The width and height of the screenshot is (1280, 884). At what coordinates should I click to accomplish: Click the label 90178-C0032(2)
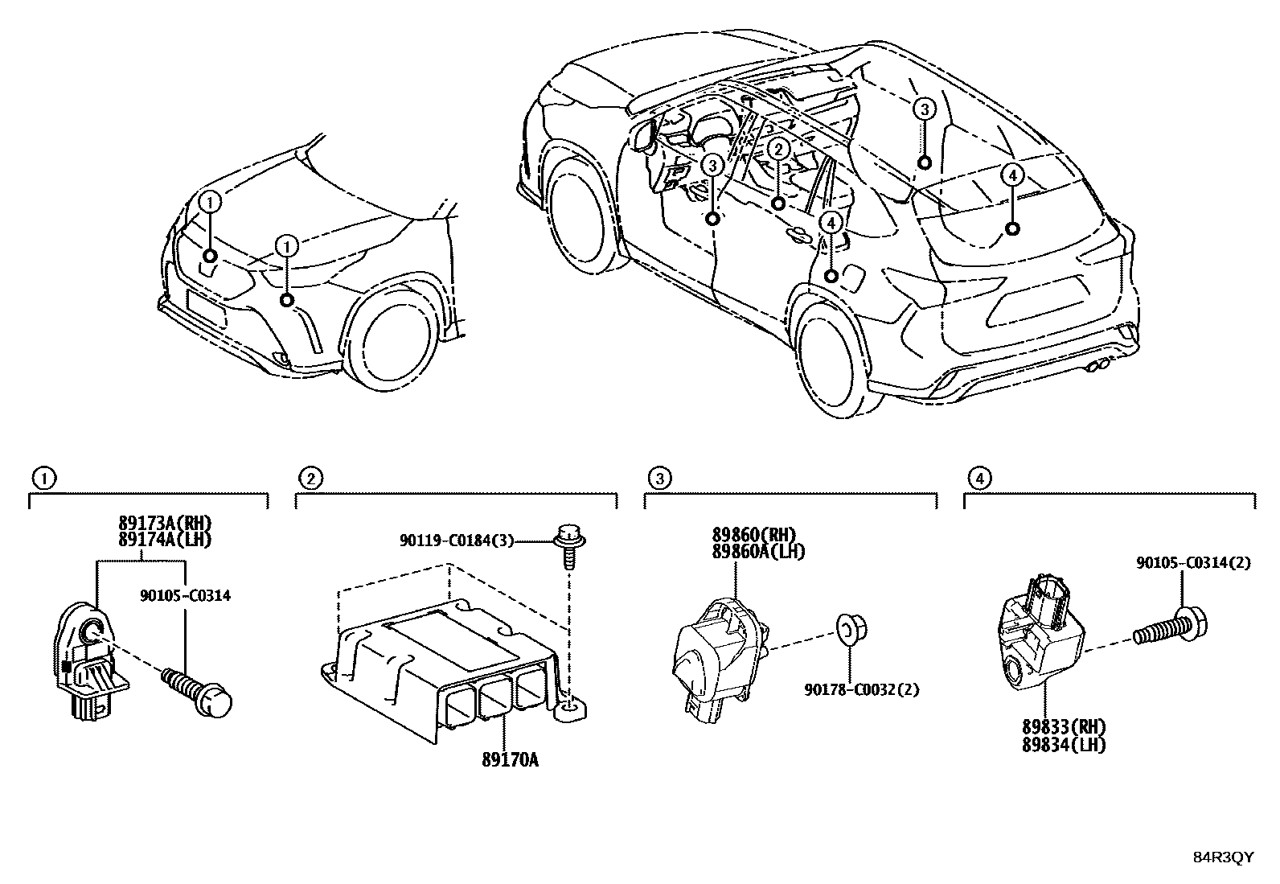pyautogui.click(x=862, y=689)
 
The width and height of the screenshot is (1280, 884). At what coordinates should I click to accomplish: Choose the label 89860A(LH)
pyautogui.click(x=757, y=551)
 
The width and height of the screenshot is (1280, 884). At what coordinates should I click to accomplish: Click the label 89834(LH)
pyautogui.click(x=1064, y=746)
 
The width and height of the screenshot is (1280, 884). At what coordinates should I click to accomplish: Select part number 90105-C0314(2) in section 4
pyautogui.click(x=1192, y=564)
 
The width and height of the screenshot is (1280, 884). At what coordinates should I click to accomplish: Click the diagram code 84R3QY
pyautogui.click(x=1222, y=857)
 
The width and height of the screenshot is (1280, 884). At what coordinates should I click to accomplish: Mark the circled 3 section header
pyautogui.click(x=658, y=479)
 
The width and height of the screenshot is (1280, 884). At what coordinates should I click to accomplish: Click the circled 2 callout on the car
pyautogui.click(x=777, y=149)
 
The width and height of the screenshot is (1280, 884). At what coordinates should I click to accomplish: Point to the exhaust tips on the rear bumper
pyautogui.click(x=1093, y=368)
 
